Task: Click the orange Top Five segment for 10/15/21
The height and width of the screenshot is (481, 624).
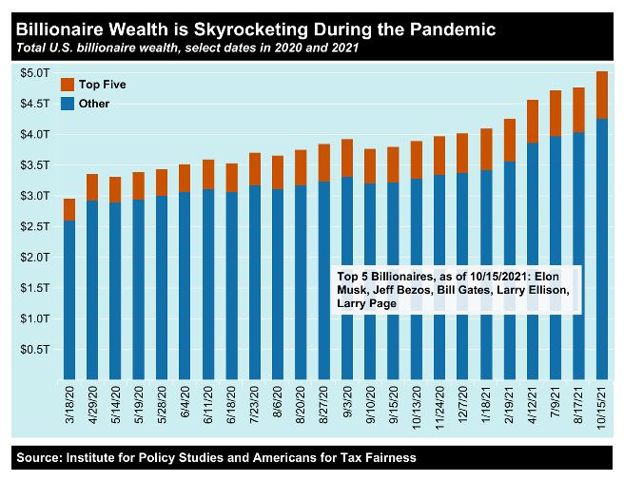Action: tap(601, 95)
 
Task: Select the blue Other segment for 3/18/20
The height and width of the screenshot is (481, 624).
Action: tap(69, 299)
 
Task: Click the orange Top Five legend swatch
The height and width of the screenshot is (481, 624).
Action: tap(67, 85)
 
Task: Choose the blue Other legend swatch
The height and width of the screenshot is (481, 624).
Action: tap(67, 104)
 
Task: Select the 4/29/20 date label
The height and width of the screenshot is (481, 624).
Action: tap(93, 406)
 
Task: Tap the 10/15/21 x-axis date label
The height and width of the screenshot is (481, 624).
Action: tap(601, 406)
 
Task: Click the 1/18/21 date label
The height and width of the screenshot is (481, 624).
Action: tap(486, 406)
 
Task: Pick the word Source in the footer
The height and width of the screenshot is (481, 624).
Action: tap(38, 458)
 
